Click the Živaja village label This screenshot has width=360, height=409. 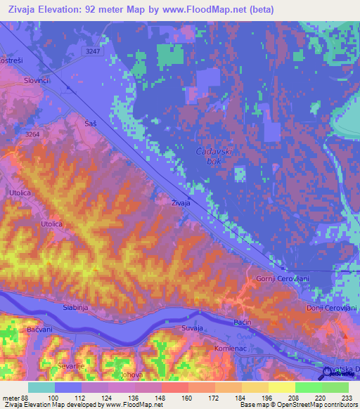(x=181, y=203)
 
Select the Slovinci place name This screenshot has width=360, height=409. (x=35, y=81)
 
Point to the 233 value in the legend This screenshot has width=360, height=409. (x=347, y=398)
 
